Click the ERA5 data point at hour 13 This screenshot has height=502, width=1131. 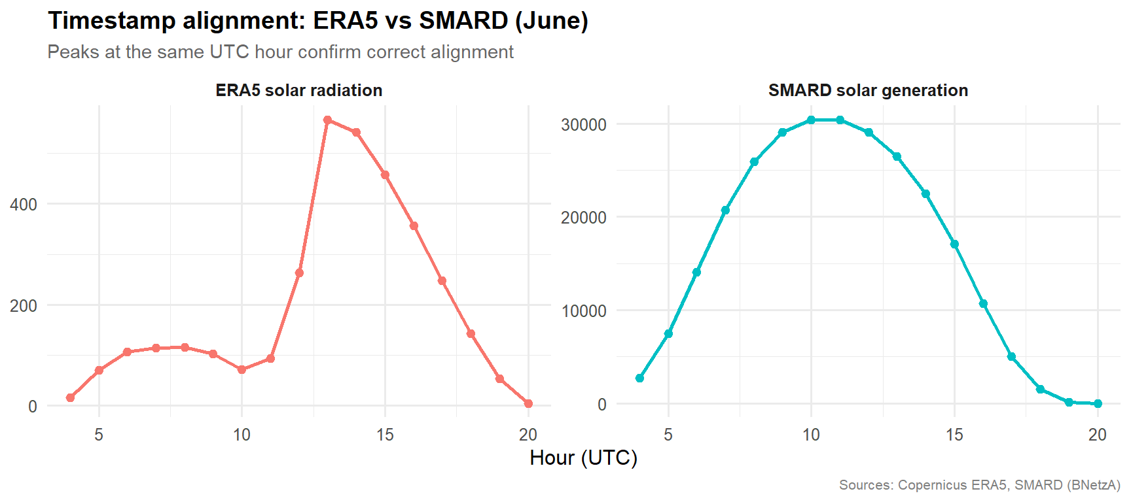[328, 120]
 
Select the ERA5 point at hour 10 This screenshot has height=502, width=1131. [242, 369]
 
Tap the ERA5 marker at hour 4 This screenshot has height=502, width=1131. [70, 397]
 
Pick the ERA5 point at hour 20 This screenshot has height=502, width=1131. [528, 403]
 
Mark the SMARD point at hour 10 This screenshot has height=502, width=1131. [811, 120]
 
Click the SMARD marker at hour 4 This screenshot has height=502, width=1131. [639, 378]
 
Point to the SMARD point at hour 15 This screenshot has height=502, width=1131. [954, 244]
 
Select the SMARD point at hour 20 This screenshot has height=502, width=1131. [1098, 403]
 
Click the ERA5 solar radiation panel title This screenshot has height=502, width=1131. [299, 90]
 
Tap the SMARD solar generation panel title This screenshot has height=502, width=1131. [868, 90]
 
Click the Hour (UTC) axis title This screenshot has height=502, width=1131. [583, 458]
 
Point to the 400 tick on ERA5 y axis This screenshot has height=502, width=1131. [24, 205]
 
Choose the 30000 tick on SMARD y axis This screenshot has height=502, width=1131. [584, 125]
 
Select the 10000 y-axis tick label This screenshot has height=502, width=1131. [584, 311]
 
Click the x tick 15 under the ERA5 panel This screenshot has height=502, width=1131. [385, 435]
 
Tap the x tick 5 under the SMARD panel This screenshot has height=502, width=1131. [668, 435]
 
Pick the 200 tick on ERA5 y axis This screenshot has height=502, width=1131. [24, 306]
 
